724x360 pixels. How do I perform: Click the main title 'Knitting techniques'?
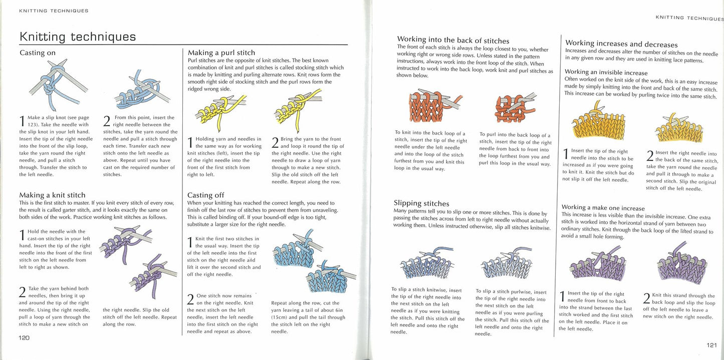point(78,37)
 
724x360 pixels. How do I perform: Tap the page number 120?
point(24,338)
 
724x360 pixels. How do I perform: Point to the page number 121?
point(711,345)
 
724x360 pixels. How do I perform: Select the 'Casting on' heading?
point(38,53)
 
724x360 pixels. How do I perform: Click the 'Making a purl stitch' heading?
point(221,53)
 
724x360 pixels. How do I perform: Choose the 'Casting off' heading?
point(205,195)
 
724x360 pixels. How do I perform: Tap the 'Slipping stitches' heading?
point(421,203)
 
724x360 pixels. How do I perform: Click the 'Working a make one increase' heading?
point(603,208)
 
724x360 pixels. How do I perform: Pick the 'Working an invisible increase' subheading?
point(606,72)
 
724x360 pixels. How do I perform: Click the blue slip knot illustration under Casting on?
point(58,84)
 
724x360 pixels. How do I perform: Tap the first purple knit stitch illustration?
point(124,242)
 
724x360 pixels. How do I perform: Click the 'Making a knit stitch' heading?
point(53,195)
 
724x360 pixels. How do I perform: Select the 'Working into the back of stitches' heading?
point(453,40)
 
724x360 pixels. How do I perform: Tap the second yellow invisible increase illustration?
point(679,128)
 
